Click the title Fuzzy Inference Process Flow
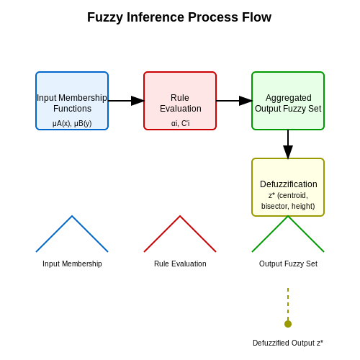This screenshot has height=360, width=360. click(x=179, y=17)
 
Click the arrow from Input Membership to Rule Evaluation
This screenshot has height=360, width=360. click(x=126, y=101)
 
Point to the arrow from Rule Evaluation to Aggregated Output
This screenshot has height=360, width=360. click(x=234, y=101)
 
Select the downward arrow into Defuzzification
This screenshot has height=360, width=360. click(x=288, y=144)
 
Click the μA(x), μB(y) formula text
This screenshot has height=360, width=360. click(x=72, y=123)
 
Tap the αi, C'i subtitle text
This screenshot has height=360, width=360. click(x=180, y=123)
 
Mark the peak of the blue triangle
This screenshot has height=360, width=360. click(x=72, y=216)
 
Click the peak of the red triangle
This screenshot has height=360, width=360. click(x=180, y=216)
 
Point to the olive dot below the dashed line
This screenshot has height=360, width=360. click(x=288, y=324)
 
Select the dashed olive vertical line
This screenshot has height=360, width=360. click(x=288, y=305)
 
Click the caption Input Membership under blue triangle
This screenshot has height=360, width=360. click(x=72, y=264)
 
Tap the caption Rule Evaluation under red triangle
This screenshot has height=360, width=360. click(x=180, y=264)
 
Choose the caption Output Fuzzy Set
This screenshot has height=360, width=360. click(x=288, y=264)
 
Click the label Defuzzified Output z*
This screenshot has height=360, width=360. click(x=288, y=343)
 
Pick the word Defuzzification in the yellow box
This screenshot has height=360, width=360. click(x=289, y=184)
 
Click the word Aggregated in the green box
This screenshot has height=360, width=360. click(x=289, y=98)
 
